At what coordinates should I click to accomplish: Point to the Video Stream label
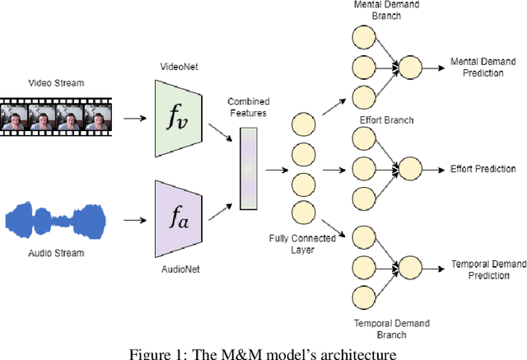56,82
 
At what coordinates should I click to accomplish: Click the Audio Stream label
57,254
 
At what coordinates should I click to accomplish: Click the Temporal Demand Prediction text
487,270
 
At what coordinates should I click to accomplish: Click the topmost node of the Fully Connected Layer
303,124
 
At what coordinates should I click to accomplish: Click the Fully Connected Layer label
301,245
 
